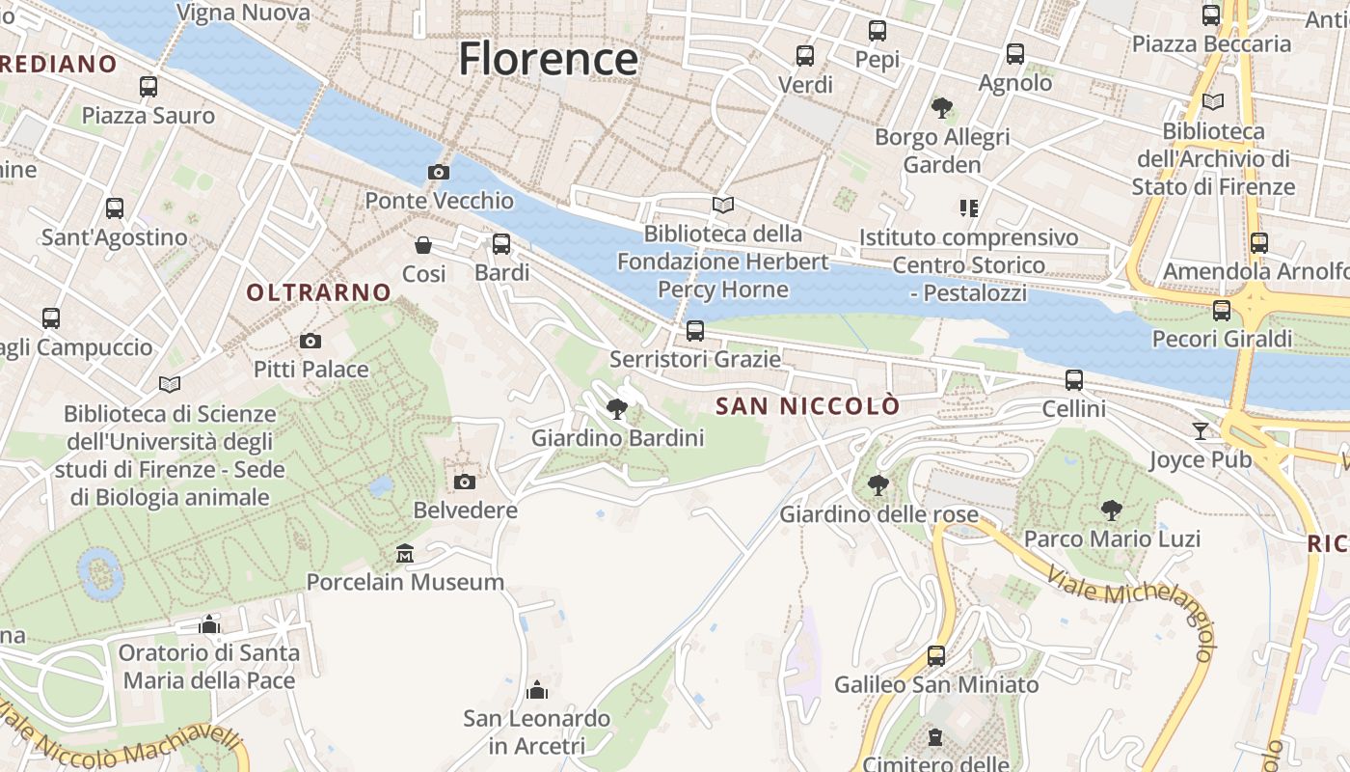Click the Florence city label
click(548, 59)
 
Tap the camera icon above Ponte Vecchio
click(439, 173)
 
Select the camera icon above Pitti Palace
click(310, 341)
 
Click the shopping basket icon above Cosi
click(422, 245)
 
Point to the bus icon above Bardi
click(501, 244)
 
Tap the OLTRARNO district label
click(319, 292)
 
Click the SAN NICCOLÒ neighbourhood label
click(807, 406)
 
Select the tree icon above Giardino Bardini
click(617, 409)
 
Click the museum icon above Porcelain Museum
click(405, 554)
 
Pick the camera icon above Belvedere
click(465, 482)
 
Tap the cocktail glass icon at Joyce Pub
click(1200, 431)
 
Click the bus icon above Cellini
click(1074, 380)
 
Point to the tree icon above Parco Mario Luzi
click(1112, 510)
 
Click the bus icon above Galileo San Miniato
click(935, 656)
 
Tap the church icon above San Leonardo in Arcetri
click(537, 690)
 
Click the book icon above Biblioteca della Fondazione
click(722, 205)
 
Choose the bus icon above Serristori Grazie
click(695, 331)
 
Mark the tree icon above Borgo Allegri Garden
click(941, 108)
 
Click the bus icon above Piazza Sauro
click(148, 87)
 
